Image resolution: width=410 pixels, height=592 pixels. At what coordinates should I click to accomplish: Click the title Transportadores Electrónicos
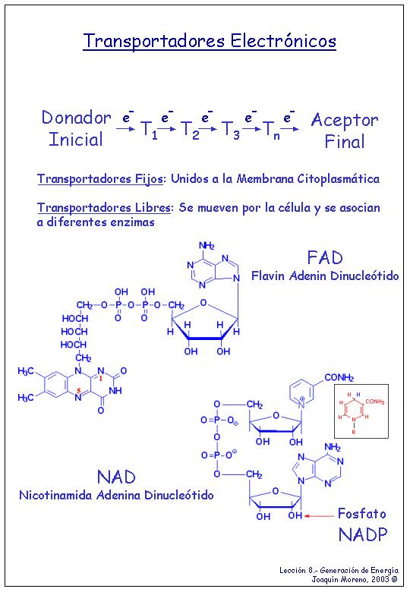point(210,41)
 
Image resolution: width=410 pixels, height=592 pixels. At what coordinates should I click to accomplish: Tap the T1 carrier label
point(149,130)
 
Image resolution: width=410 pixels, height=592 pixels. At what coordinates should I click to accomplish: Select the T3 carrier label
point(230,130)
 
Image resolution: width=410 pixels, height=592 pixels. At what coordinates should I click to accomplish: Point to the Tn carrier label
point(271,130)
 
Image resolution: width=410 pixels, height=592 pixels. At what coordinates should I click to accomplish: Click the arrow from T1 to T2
point(167,129)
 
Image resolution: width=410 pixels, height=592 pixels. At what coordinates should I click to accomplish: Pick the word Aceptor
point(344,121)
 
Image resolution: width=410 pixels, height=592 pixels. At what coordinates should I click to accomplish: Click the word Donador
point(76,118)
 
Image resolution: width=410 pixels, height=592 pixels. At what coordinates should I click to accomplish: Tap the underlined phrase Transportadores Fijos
point(100,178)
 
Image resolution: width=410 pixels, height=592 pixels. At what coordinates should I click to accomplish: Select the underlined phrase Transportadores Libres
point(104,208)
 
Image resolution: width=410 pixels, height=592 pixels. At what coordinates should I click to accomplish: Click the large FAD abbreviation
point(325,258)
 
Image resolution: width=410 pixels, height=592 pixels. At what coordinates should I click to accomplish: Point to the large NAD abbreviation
point(116,477)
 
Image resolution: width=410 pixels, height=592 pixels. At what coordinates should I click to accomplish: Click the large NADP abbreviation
point(363,534)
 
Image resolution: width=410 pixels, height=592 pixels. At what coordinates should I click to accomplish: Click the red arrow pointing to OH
point(320,516)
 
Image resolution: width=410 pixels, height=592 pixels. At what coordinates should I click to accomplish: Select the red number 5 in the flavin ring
point(78,391)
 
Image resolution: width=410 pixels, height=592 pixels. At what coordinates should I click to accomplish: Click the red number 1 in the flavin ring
point(100,378)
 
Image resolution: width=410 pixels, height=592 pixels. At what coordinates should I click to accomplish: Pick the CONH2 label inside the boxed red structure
point(375,401)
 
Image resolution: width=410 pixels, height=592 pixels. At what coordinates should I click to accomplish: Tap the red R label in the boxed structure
point(354,433)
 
